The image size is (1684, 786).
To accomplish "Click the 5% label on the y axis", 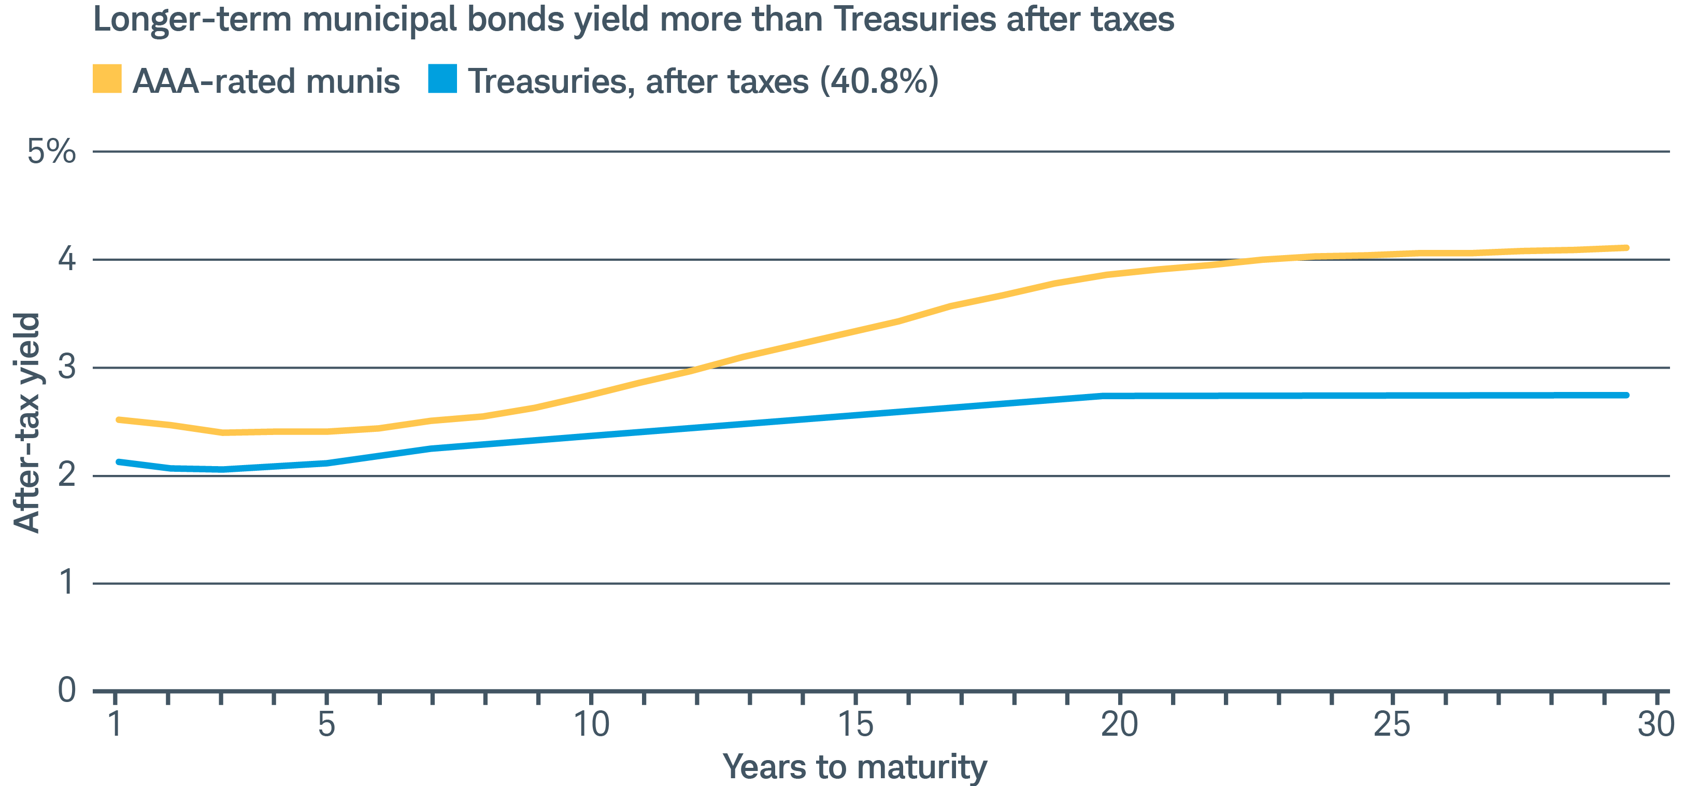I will coord(51,152).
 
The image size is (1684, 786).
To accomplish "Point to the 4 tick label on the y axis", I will coord(67,260).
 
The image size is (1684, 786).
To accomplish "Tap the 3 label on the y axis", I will coord(67,368).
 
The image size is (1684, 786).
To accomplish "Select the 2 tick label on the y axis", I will coord(67,475).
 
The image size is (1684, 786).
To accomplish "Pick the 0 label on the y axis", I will coord(67,691).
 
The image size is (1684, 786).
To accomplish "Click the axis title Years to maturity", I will coord(854,766).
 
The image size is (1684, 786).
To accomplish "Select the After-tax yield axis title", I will coord(27,423).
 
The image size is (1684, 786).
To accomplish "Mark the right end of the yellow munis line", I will coord(1626,248).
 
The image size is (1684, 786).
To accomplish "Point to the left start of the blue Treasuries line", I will coord(118,461).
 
